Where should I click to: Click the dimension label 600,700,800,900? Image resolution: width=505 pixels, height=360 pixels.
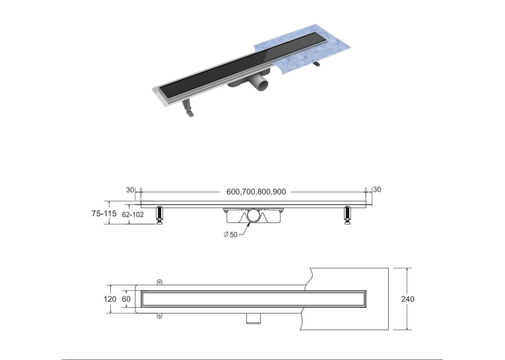click(x=256, y=192)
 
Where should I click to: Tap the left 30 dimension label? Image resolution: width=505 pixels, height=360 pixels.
click(x=130, y=190)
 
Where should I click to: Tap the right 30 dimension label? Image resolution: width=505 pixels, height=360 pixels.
click(x=377, y=190)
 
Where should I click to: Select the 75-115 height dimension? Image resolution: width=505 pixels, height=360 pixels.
click(x=104, y=213)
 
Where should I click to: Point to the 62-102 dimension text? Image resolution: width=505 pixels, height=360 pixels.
click(x=133, y=214)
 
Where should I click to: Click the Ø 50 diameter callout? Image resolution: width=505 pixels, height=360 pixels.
click(x=230, y=234)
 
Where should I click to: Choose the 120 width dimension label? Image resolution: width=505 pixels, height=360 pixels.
click(x=110, y=299)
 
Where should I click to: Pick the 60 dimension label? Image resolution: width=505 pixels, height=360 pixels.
click(x=126, y=299)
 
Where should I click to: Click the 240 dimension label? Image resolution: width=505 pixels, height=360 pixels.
click(x=408, y=299)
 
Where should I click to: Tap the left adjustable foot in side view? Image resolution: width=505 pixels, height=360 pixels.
click(x=159, y=215)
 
